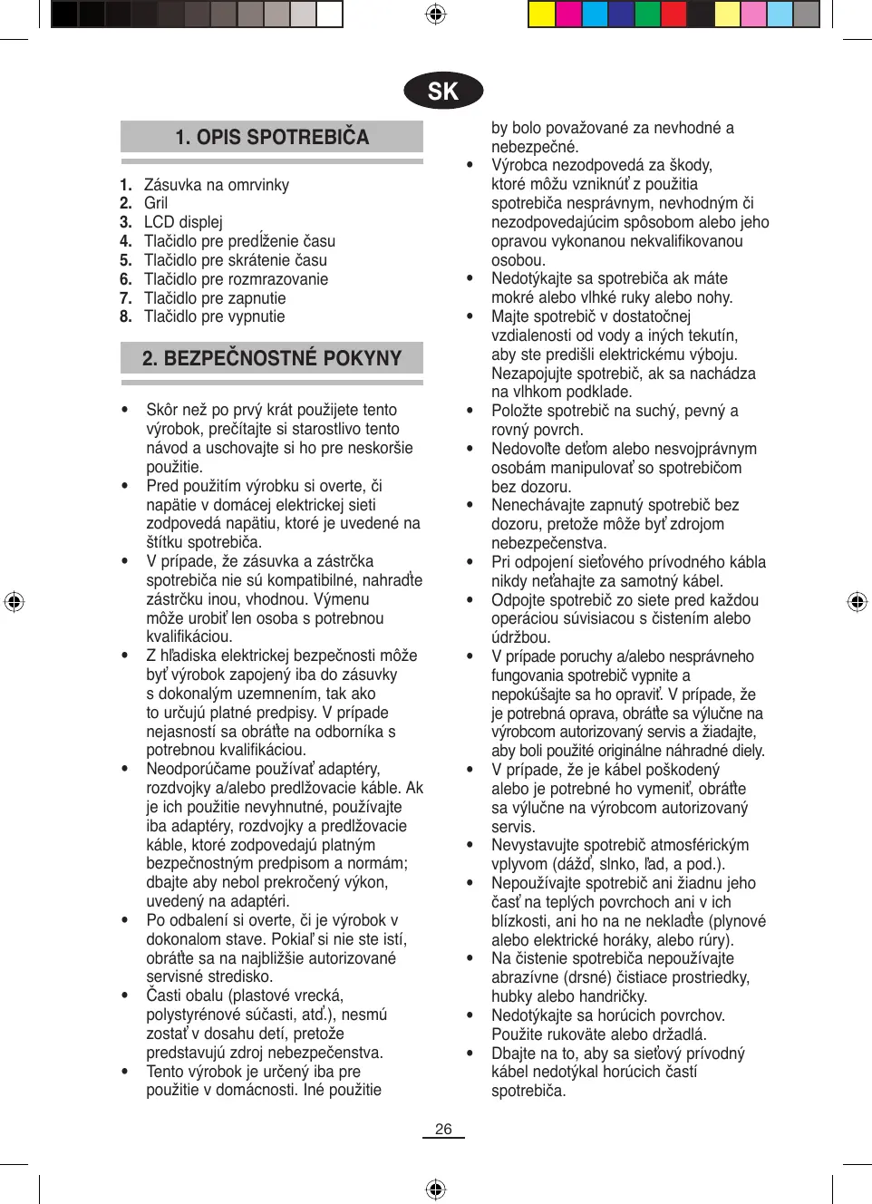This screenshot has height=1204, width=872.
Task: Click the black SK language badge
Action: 443,91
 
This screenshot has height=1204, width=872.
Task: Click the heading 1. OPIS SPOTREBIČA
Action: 272,137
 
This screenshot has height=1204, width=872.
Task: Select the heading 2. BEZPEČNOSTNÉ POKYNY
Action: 272,358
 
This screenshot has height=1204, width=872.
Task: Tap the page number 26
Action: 443,1129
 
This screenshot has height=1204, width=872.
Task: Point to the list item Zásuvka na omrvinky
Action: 217,185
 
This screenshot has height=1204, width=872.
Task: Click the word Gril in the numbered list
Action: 156,203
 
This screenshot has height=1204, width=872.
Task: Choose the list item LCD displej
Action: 183,222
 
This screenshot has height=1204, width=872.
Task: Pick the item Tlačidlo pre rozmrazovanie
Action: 236,279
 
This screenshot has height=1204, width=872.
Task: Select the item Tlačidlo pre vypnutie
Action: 214,316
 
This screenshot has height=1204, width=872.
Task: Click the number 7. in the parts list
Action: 126,298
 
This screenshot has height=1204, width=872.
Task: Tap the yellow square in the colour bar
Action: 542,14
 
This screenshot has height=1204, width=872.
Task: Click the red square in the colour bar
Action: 674,14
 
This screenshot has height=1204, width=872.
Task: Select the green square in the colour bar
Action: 648,14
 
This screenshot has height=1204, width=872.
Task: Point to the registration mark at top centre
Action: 436,14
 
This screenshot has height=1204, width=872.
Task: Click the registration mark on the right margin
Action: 857,601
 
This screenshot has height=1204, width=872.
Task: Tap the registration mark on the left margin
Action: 14,601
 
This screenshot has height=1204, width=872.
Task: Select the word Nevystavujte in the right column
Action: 536,845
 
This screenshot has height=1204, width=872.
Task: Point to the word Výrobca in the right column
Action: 521,165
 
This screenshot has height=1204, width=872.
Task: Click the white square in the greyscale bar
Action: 330,14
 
